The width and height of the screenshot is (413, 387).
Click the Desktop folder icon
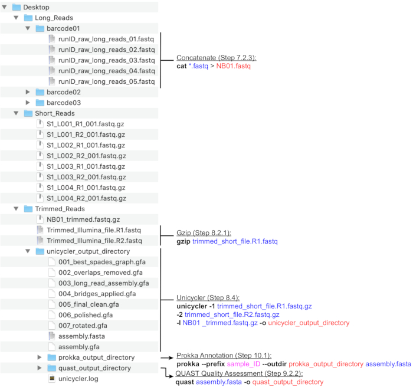17,6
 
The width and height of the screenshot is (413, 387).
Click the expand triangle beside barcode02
28,92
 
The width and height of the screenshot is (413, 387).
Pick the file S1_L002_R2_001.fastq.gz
86,156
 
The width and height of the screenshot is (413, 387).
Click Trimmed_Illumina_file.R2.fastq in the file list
94,241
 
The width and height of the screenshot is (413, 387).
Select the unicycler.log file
75,379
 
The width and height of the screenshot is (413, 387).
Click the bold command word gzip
183,242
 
